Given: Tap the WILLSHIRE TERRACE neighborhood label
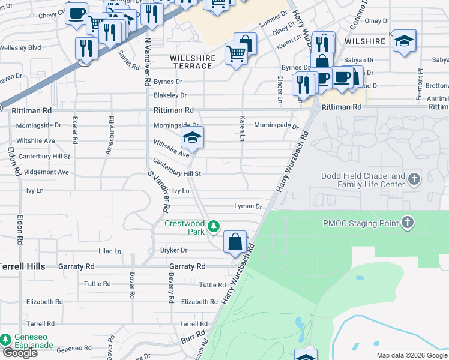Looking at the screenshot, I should click(x=192, y=62).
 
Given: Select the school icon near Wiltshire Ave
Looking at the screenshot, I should click(x=193, y=139).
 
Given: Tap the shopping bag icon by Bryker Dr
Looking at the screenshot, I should click(x=235, y=242).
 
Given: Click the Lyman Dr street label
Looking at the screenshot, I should click(x=248, y=206).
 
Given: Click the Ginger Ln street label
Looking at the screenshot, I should click(x=280, y=89).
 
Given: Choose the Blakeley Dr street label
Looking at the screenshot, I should click(x=170, y=95).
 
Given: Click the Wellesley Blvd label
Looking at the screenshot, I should click(x=20, y=47).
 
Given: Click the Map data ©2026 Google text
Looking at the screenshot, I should click(x=411, y=355).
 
